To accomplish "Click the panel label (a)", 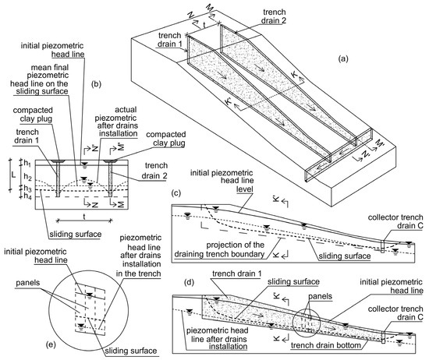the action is [x=343, y=58].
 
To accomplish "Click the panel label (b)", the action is [x=96, y=84].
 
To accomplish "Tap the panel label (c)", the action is [x=176, y=193].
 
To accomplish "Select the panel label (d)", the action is [x=189, y=282].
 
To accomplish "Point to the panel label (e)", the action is [x=51, y=345].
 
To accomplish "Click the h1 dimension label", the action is [x=27, y=163].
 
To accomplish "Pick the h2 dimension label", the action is [x=27, y=177].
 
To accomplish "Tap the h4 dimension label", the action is [x=27, y=196].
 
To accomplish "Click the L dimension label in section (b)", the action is [x=13, y=175].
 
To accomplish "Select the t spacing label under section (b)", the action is [x=84, y=217].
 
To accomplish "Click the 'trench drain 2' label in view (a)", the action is [x=273, y=16].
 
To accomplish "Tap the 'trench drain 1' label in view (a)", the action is [x=169, y=40].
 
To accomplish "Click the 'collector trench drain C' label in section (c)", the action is [x=395, y=221].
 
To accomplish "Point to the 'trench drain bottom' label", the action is [x=326, y=345].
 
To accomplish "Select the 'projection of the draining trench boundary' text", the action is [x=219, y=249].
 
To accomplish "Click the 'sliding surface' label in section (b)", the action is [x=75, y=235].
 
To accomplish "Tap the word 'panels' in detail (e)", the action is [x=27, y=283].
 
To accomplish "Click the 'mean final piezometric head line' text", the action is [x=40, y=79].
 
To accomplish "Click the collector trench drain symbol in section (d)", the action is [x=383, y=337].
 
